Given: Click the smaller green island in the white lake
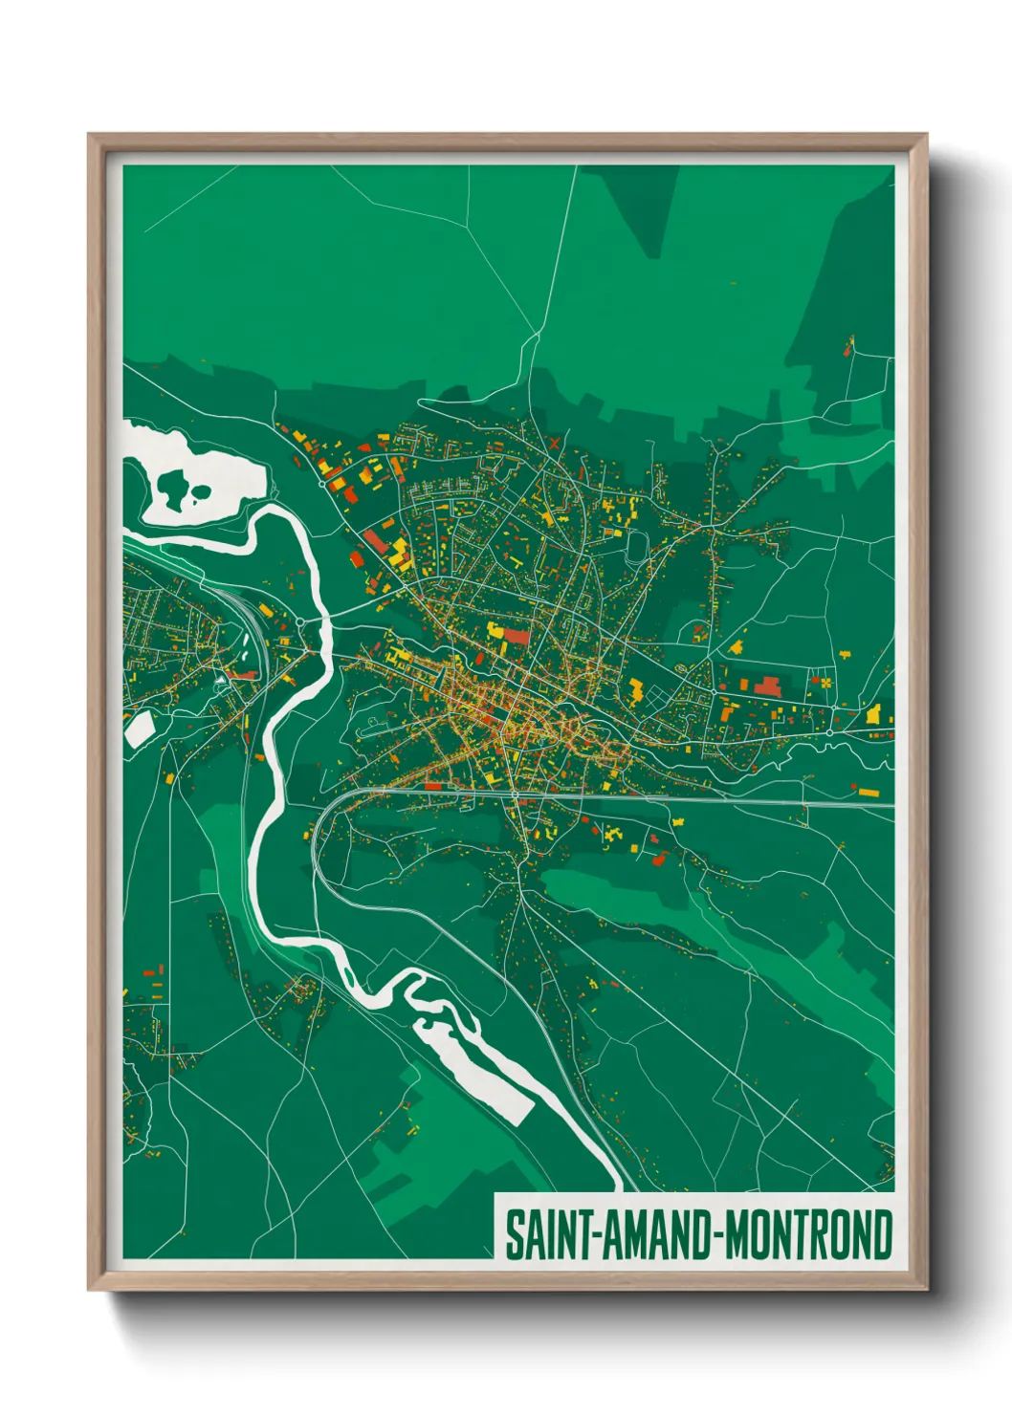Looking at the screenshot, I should click(x=201, y=493).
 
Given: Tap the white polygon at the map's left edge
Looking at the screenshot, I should click(x=138, y=729).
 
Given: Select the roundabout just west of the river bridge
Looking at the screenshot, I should click(x=299, y=621).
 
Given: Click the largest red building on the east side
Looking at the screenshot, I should click(x=767, y=686).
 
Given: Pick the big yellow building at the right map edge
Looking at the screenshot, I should click(x=873, y=713).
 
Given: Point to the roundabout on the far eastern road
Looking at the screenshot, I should click(x=830, y=732).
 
